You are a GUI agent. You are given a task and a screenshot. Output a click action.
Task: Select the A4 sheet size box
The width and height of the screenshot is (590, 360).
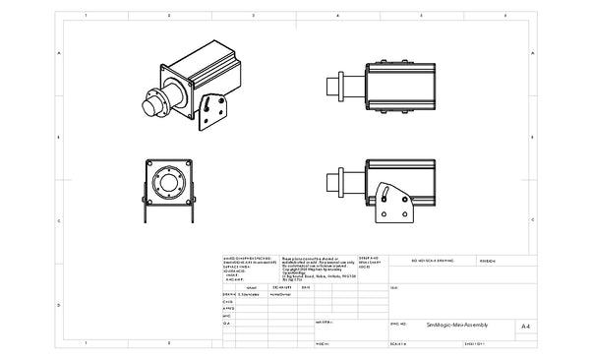pyautogui.click(x=525, y=324)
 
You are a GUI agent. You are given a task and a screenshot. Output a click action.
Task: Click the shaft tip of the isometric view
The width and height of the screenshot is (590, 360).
pyautogui.click(x=147, y=99)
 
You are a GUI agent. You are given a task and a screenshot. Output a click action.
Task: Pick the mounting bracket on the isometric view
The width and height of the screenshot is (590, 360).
pyautogui.click(x=209, y=112)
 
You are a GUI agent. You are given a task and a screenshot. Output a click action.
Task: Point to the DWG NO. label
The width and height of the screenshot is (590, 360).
pyautogui.click(x=398, y=322)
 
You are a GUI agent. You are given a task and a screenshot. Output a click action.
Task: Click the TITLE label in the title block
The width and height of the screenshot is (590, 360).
pyautogui.click(x=394, y=287)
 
